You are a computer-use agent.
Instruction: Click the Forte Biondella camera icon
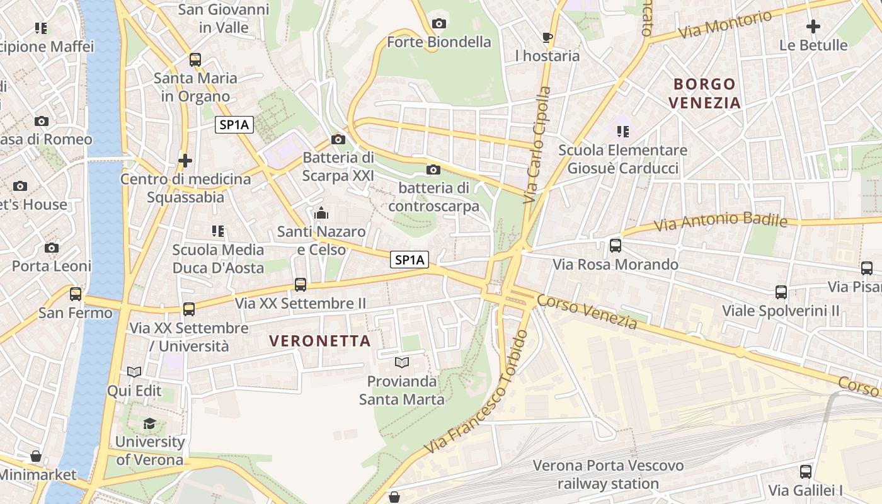[439, 24]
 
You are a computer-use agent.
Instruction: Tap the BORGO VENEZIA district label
[704, 93]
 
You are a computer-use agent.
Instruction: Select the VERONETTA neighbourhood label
[319, 341]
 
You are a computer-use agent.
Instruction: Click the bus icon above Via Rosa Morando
[616, 246]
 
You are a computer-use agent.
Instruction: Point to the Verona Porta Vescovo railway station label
[608, 474]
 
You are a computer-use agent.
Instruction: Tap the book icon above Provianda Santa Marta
[401, 363]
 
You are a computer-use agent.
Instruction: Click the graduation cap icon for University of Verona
[149, 423]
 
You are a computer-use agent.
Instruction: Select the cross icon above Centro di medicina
[185, 161]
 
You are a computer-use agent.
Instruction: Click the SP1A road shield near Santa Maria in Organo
[234, 125]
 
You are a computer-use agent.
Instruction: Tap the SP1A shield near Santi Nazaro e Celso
[409, 260]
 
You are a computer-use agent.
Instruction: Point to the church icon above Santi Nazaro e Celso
[321, 214]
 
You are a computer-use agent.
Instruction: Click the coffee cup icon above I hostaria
[547, 37]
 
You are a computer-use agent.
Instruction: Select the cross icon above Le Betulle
[813, 26]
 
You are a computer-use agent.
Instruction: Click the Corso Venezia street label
[587, 312]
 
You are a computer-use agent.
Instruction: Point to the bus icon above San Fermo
[76, 294]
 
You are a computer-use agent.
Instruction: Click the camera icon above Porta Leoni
[52, 248]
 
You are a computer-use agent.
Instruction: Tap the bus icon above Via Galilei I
[805, 471]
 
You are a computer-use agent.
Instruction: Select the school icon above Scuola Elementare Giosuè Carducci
[622, 132]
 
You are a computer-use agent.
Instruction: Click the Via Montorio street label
[724, 25]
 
